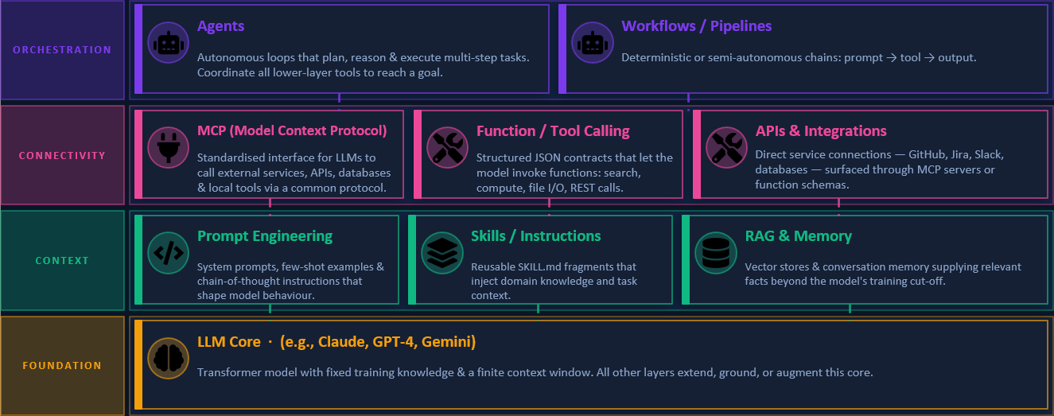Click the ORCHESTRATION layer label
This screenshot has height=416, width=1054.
(62, 50)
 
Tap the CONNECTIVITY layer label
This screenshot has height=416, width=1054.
(62, 155)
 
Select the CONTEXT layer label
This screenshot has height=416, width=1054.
(62, 261)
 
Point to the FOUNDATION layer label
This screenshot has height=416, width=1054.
(62, 366)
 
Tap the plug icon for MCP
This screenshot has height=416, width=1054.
(168, 147)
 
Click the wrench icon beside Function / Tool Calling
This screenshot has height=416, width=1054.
(447, 147)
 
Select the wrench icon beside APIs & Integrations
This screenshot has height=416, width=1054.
(726, 147)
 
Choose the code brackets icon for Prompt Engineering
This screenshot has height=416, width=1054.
(168, 253)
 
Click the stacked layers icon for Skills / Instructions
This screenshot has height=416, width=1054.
(441, 253)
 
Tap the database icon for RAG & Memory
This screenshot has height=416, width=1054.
(715, 253)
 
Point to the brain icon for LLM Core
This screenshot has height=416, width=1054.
(168, 358)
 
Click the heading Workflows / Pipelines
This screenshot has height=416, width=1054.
(696, 26)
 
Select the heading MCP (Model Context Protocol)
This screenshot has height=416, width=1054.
(292, 131)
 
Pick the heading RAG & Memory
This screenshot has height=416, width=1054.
(798, 236)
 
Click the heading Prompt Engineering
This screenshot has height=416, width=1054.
(265, 236)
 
